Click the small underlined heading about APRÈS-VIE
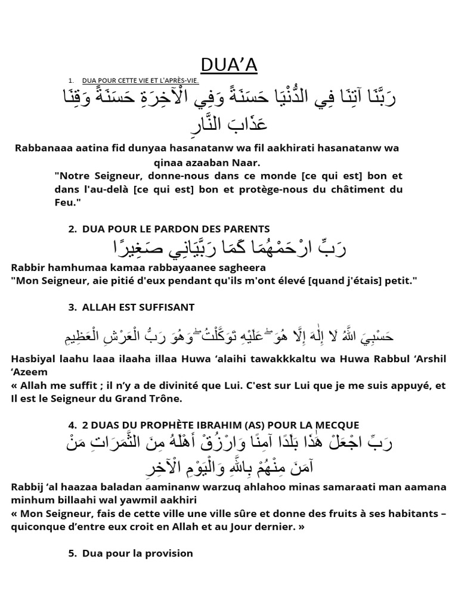140,80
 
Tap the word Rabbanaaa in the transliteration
41,148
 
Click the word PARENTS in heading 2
248,229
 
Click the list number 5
72,553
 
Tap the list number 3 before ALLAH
72,307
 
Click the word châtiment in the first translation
354,189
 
